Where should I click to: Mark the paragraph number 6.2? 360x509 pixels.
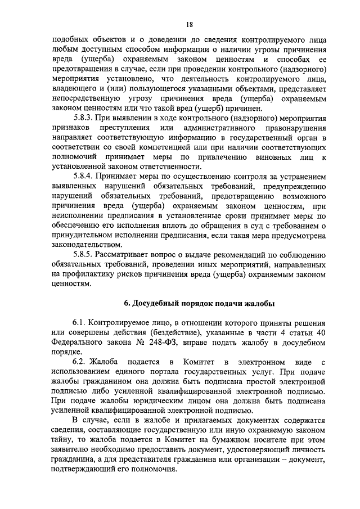coord(80,361)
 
